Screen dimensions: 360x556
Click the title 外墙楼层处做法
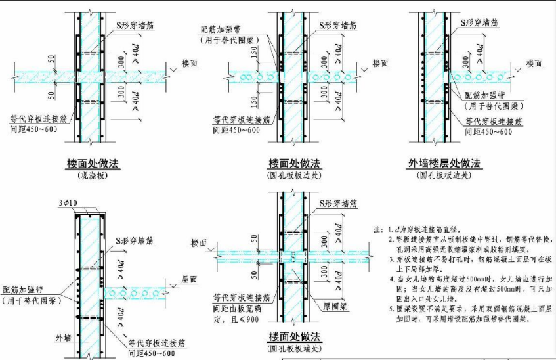tap(444, 163)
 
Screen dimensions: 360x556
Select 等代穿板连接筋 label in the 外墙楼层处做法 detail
tap(494, 122)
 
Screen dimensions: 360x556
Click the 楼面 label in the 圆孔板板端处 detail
tap(199, 243)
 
